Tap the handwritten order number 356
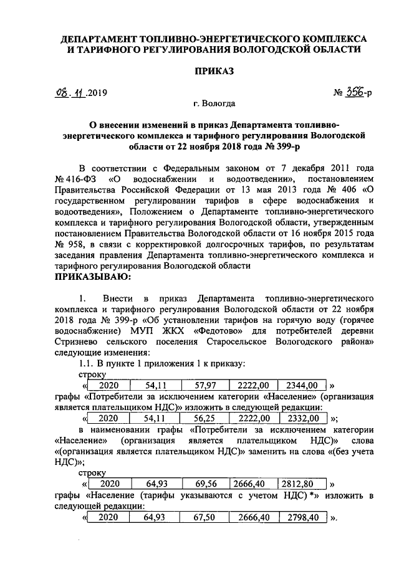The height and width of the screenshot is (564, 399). click(x=357, y=93)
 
